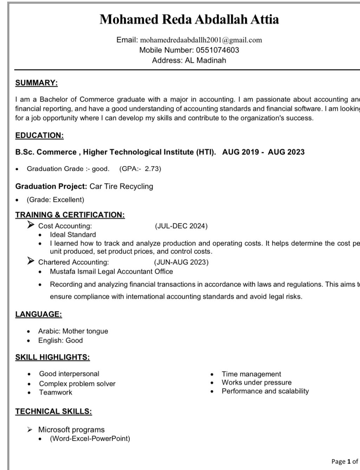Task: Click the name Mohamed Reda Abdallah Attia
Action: (x=189, y=19)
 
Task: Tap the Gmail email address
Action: (x=201, y=40)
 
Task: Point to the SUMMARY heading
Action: (x=36, y=83)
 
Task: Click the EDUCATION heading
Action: (x=39, y=135)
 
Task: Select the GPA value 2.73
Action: (x=153, y=169)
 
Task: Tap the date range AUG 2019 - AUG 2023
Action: (x=263, y=152)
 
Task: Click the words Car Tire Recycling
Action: (x=121, y=186)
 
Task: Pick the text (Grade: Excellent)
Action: (x=56, y=200)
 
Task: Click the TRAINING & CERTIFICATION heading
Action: (x=70, y=215)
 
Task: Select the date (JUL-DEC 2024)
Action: (x=181, y=226)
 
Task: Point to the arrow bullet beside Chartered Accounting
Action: (x=31, y=261)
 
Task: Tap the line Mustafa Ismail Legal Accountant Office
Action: (x=111, y=272)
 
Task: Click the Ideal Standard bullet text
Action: (x=73, y=235)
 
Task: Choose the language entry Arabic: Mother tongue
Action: (x=73, y=331)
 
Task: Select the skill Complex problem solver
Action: (x=77, y=384)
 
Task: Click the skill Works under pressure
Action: (x=256, y=382)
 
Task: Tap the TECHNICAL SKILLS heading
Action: (x=53, y=412)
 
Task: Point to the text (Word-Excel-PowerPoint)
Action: (x=90, y=439)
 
